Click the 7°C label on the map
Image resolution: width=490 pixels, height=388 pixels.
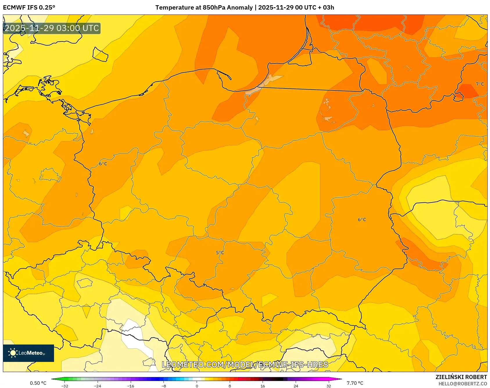pos(480,84)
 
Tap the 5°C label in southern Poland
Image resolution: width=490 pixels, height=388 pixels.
pos(220,253)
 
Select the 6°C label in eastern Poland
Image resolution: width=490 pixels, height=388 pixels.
pos(362,220)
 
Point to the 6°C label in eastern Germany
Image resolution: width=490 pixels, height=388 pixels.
pos(103,164)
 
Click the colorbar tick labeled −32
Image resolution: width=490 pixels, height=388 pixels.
pos(65,386)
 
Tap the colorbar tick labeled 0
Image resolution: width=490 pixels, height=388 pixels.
pos(197,386)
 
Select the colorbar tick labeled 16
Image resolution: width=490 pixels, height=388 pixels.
pos(263,386)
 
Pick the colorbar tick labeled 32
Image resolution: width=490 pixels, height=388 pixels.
pos(329,386)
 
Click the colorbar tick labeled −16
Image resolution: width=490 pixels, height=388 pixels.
pos(131,386)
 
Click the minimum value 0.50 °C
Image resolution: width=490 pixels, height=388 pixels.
pos(38,383)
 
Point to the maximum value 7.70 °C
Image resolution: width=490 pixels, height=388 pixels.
pos(355,383)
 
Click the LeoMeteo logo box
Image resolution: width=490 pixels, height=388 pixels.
pos(28,353)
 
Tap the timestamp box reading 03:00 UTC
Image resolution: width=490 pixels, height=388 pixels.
pos(52,28)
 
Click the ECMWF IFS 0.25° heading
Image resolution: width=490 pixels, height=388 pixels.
pos(29,8)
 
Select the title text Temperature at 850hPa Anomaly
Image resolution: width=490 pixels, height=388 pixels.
pos(204,8)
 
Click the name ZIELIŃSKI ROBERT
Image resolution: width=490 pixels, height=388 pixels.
pos(461,377)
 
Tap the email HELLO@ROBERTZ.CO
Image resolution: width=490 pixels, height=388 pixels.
pos(462,384)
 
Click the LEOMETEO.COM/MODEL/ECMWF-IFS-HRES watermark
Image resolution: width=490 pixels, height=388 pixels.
pos(245,365)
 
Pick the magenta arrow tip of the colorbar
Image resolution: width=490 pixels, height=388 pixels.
pos(340,379)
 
